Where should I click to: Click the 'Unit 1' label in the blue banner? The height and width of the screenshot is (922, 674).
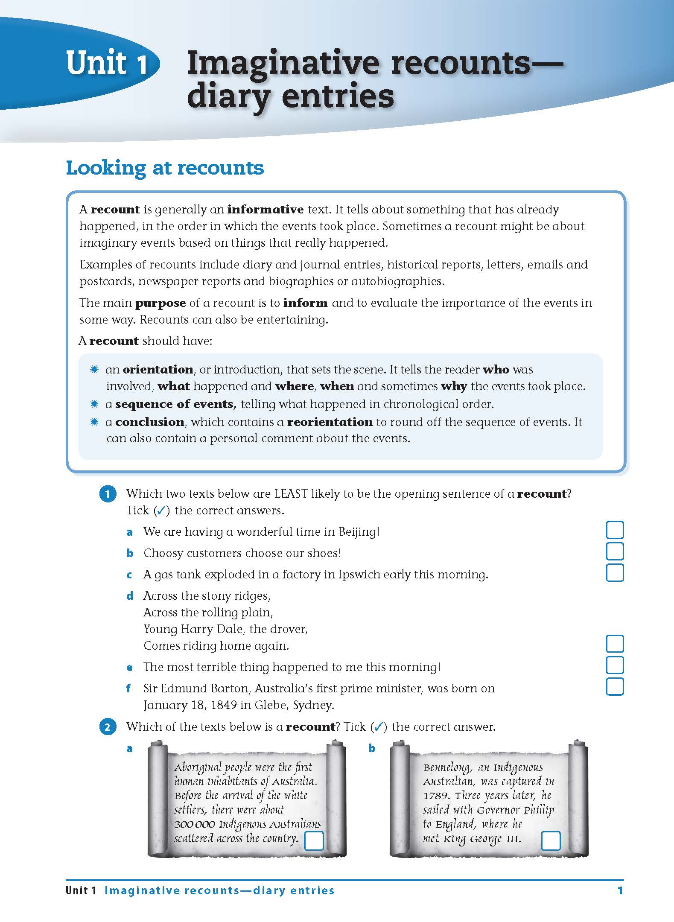107,63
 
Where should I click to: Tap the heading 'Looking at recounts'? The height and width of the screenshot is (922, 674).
165,168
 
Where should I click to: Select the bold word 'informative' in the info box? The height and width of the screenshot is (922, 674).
265,210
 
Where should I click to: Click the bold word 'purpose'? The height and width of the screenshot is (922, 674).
160,303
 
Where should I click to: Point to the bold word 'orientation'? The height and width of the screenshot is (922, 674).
158,370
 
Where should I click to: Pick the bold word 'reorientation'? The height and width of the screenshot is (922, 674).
330,422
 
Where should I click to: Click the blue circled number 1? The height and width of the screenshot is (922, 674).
108,494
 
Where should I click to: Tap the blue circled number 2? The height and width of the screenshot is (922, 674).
108,727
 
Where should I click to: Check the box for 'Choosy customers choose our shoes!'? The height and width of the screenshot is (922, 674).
615,551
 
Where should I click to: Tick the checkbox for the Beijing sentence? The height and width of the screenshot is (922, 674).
615,530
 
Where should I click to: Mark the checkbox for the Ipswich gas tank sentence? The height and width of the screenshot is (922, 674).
615,573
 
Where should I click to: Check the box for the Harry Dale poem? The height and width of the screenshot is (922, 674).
615,644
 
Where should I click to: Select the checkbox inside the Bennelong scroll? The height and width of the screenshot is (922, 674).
551,840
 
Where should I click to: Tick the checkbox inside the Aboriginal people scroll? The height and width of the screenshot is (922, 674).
314,840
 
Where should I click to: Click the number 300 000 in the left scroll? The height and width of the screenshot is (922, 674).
195,824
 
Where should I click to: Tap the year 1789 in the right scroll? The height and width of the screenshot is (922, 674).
436,796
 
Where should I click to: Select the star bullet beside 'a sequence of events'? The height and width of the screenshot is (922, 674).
94,404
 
